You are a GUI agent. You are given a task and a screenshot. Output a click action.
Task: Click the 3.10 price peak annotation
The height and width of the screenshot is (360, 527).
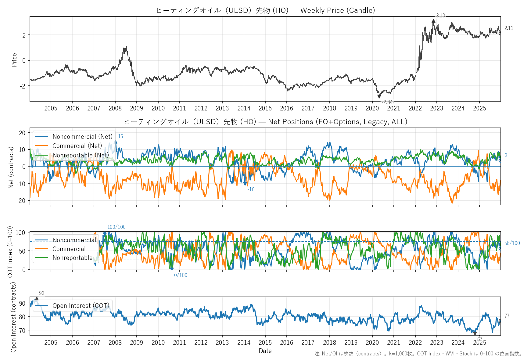[440, 16]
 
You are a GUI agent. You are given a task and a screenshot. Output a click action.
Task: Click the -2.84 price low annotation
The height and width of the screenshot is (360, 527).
[387, 102]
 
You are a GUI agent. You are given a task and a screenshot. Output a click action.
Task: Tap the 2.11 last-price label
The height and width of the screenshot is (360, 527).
[509, 28]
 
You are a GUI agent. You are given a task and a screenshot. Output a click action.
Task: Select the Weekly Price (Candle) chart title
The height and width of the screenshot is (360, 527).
[265, 10]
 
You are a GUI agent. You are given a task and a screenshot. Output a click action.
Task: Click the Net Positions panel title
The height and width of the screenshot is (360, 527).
[265, 122]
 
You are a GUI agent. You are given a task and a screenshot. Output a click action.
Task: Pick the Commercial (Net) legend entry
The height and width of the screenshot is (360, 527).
[77, 146]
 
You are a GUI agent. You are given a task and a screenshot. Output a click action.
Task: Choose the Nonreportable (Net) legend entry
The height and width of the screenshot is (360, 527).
[81, 155]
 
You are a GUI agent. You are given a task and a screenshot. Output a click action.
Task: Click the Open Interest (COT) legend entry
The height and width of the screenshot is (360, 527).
[81, 306]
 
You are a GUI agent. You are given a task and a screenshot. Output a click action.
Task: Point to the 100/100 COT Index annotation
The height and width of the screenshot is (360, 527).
[116, 227]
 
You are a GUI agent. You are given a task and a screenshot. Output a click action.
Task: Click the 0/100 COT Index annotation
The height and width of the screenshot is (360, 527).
[181, 275]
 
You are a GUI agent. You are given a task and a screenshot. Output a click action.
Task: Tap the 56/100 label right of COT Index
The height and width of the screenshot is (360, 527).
[512, 243]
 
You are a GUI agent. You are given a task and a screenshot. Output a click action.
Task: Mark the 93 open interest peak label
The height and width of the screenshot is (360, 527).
[42, 293]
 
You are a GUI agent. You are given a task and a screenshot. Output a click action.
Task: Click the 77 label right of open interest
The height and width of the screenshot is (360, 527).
[507, 316]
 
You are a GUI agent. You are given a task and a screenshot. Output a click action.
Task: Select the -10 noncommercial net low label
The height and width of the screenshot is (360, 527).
[251, 189]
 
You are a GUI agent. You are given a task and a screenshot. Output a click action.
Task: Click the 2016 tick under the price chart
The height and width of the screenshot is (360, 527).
[286, 108]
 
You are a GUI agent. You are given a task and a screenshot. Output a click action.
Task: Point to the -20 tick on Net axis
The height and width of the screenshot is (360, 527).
[22, 200]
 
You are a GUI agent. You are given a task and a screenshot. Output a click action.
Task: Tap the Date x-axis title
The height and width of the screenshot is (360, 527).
[265, 351]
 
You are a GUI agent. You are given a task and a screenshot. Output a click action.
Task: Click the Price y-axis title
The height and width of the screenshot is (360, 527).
[14, 60]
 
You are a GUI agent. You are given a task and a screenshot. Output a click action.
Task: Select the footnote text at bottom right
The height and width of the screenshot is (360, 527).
[418, 354]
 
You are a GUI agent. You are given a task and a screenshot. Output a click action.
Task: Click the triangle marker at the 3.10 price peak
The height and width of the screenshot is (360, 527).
[433, 21]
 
